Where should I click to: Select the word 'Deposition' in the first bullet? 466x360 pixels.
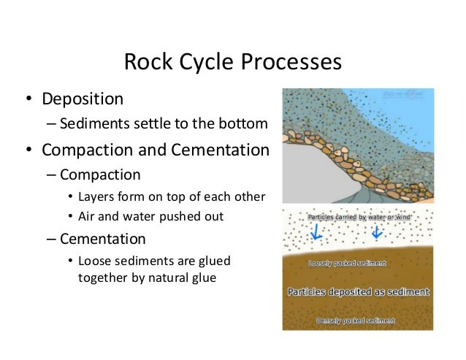coord(83,98)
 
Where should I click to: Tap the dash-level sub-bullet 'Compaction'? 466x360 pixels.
coord(100,175)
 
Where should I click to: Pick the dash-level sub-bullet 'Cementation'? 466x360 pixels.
coord(103,239)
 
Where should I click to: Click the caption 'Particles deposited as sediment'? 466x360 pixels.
coord(357,291)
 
